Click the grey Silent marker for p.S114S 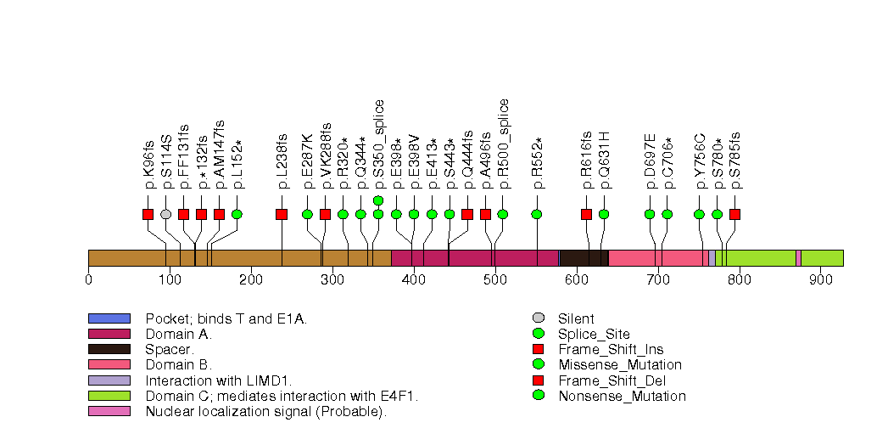click(166, 214)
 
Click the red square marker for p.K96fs click(148, 214)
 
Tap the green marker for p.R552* click(537, 214)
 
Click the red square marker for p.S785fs click(735, 214)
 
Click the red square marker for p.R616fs click(586, 214)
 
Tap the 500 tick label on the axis click(495, 279)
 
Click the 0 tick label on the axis click(89, 279)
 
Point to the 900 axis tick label click(820, 279)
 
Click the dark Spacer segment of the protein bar click(584, 258)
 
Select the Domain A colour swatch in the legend click(109, 334)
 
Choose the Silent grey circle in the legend click(537, 318)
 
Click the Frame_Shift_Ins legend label click(611, 349)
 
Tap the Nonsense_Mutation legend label click(622, 396)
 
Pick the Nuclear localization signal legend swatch click(109, 411)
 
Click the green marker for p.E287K click(307, 214)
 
